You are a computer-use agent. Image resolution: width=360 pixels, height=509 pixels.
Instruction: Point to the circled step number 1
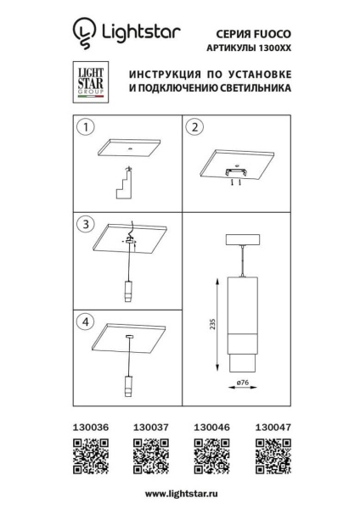pos(83,129)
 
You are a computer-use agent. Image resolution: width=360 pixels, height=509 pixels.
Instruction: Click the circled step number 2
pos(195,129)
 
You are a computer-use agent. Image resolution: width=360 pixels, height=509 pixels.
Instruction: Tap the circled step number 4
pos(83,322)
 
